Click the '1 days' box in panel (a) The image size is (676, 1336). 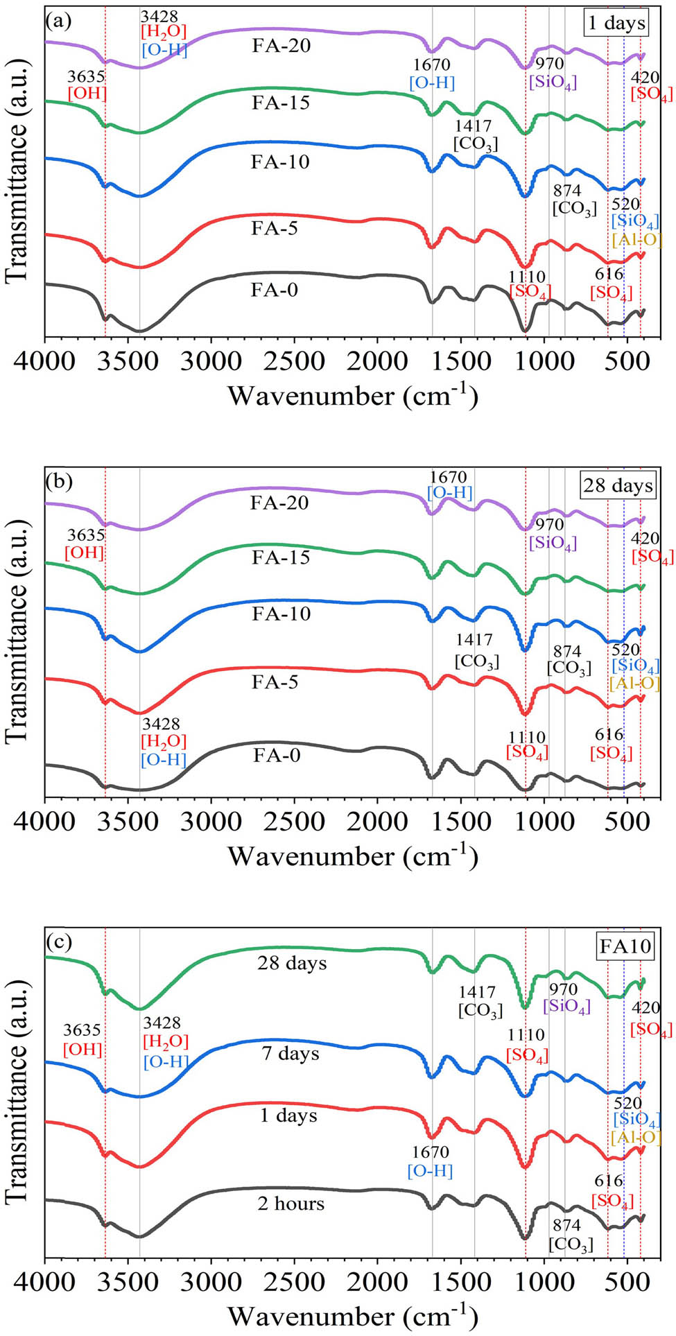[616, 23]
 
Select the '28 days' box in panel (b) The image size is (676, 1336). [618, 485]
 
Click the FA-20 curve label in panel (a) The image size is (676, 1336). [281, 46]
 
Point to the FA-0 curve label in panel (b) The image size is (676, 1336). [276, 755]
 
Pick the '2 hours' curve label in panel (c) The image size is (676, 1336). [291, 1204]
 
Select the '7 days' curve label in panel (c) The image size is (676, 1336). [291, 1054]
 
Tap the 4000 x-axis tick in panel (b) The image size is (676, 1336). [46, 822]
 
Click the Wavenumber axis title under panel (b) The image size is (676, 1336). [352, 857]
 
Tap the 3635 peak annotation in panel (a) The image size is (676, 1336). [86, 76]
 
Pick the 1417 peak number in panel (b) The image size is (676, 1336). [474, 640]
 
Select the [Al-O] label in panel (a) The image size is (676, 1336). [636, 240]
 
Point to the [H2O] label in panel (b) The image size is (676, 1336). [164, 741]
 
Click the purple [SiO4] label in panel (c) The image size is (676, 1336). [566, 1006]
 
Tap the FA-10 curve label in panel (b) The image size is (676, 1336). [281, 614]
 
